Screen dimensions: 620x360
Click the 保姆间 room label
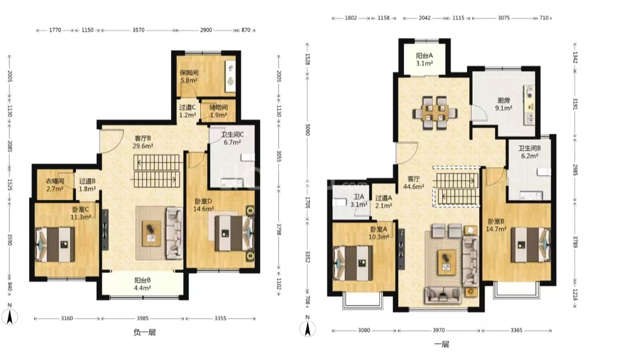(189, 73)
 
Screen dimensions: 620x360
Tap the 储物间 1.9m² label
(218, 111)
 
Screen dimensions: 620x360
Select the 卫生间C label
(232, 135)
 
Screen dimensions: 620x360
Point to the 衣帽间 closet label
(54, 181)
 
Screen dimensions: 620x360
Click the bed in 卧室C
(56, 244)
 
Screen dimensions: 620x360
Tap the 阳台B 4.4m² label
(142, 284)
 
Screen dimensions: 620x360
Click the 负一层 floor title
(145, 332)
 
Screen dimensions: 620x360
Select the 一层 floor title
(442, 344)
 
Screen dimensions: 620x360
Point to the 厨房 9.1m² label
(504, 104)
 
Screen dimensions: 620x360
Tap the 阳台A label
(424, 56)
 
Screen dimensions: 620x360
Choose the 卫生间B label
(529, 149)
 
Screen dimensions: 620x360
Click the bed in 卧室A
(353, 263)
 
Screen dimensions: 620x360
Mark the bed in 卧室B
(530, 244)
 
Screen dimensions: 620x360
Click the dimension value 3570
(139, 30)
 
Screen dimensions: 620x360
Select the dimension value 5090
(307, 130)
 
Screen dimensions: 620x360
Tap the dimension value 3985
(142, 319)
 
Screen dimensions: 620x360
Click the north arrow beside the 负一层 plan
(9, 316)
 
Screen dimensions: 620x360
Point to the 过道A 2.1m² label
(383, 202)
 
